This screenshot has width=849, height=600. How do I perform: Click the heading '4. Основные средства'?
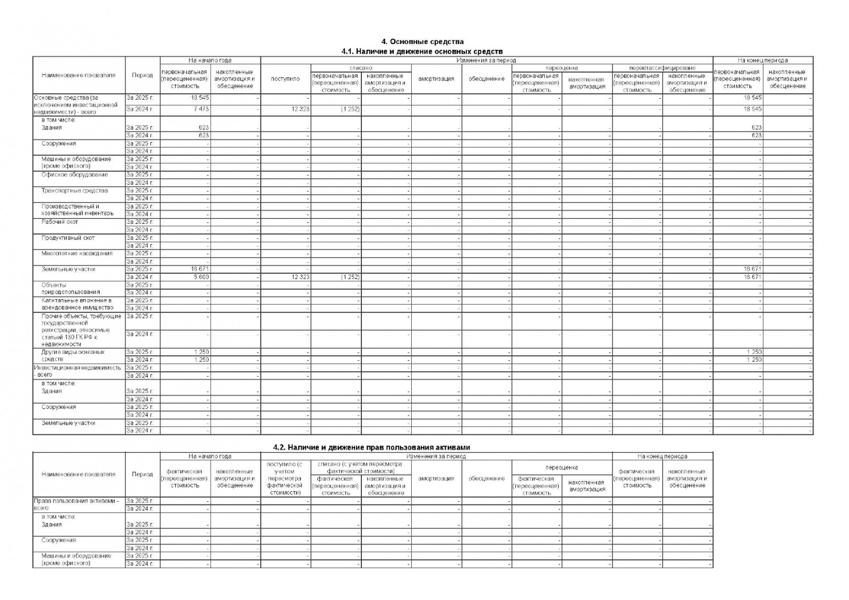(423, 41)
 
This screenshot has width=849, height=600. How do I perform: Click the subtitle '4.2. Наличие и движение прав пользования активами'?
(371, 447)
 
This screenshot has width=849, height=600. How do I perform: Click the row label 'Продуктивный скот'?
(68, 238)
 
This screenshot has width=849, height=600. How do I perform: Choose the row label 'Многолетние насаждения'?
(77, 254)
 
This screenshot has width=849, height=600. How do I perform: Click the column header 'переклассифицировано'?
(662, 68)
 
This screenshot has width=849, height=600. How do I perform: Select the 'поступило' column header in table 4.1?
(285, 79)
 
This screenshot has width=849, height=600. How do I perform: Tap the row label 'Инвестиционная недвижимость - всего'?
(77, 371)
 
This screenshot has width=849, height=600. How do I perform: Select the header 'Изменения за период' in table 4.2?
(436, 456)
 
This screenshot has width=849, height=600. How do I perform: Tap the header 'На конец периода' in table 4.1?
(762, 60)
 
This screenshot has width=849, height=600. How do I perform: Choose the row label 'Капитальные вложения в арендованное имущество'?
(77, 304)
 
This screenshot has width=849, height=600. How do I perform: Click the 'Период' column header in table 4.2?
(142, 474)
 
